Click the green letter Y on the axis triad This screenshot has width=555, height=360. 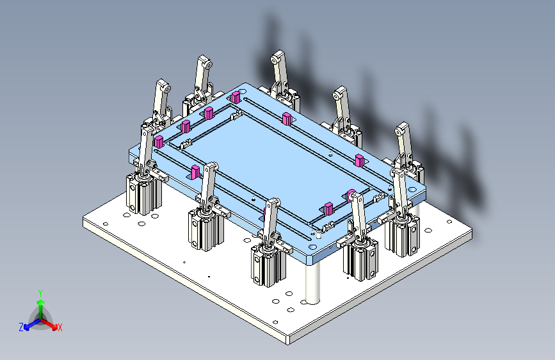pos(40,292)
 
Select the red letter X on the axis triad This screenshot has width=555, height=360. pos(60,327)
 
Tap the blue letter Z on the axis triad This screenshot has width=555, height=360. pos(21,327)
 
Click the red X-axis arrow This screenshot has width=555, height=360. pos(51,323)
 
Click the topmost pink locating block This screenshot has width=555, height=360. pos(236,97)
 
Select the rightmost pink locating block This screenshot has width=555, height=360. pos(360,160)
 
